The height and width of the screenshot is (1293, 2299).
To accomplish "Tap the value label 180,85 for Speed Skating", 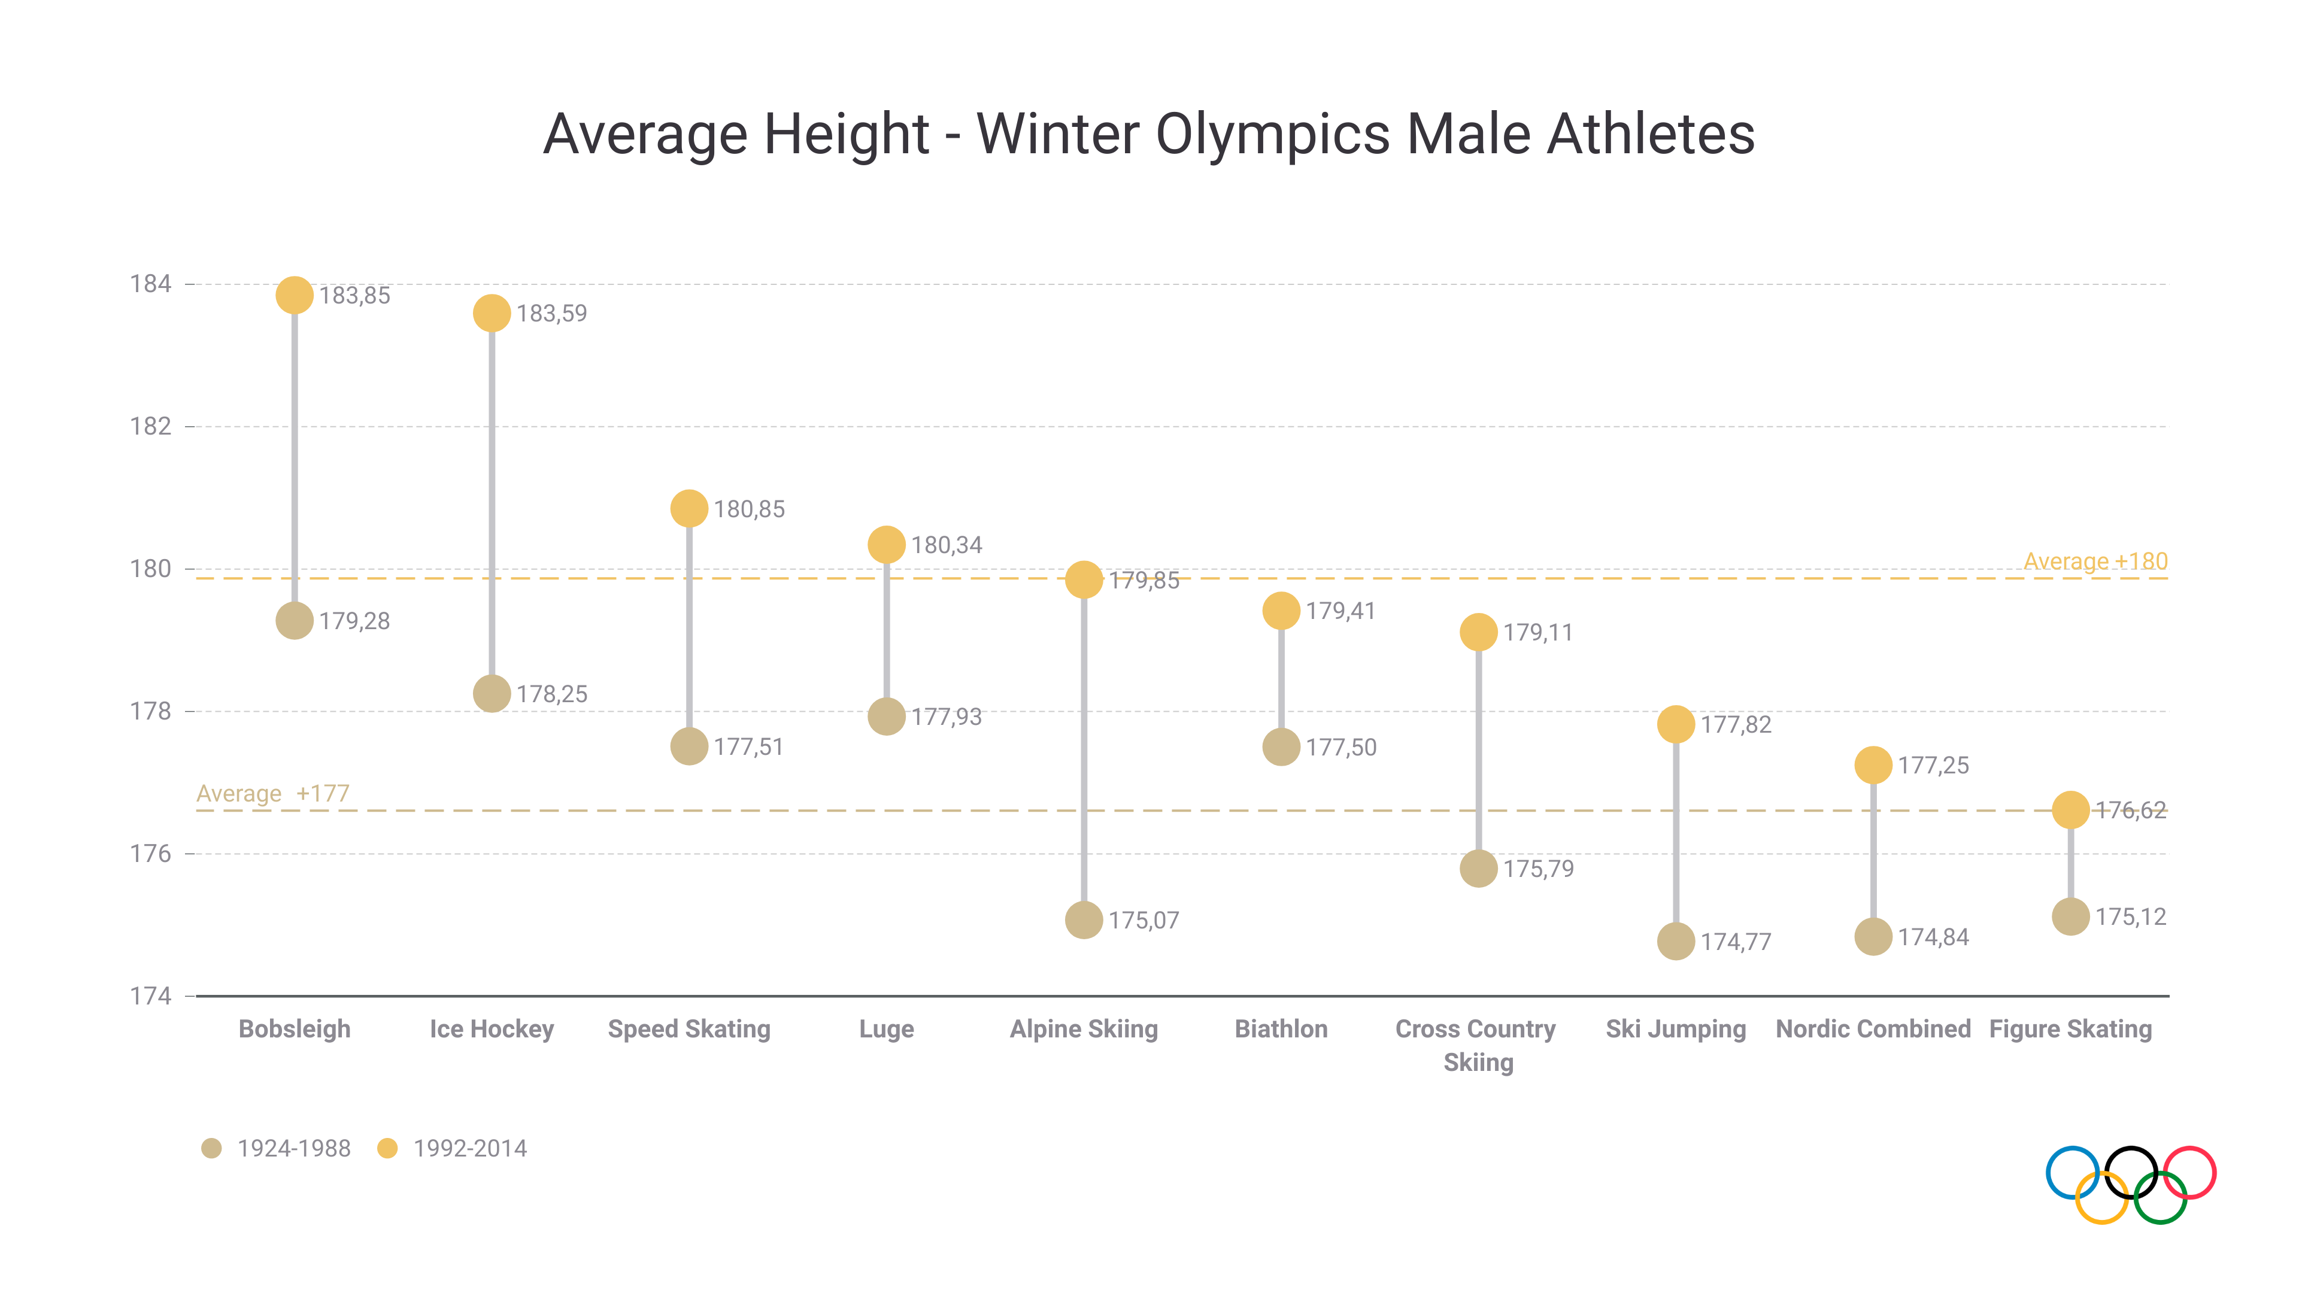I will coord(749,509).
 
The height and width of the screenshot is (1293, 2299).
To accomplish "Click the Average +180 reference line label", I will coord(2095,561).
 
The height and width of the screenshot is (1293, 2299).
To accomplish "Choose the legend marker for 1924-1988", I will coord(211,1149).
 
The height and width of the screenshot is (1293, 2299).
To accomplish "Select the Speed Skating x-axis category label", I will coord(689,1029).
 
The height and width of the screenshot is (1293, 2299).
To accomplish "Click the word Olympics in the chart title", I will coord(1273,135).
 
